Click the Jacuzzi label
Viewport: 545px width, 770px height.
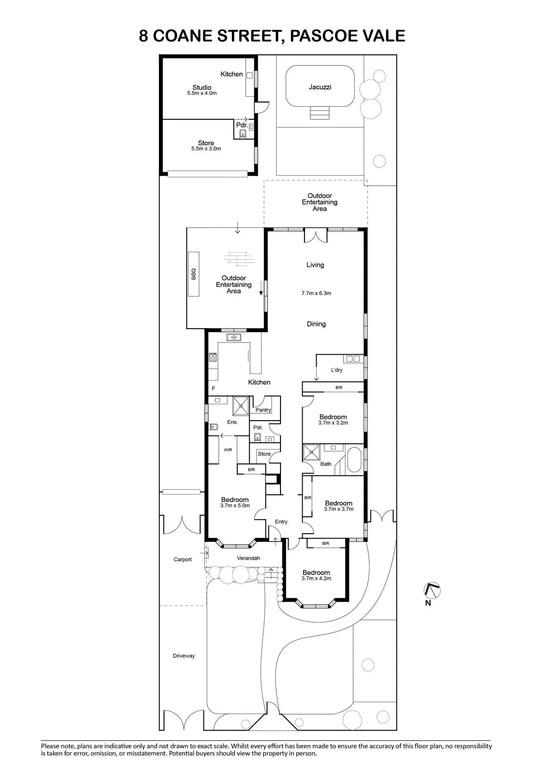(x=320, y=87)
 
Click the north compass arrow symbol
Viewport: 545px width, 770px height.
(x=432, y=590)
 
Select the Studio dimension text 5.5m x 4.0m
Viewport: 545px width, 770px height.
(x=202, y=93)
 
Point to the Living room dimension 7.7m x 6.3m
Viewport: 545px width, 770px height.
(x=316, y=293)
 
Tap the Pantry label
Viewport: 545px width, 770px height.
(x=263, y=410)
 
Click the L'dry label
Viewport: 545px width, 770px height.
(x=336, y=370)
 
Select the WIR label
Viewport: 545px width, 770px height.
(x=228, y=449)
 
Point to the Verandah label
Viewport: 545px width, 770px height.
(x=248, y=558)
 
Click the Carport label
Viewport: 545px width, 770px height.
(x=183, y=559)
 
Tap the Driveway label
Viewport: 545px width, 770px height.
(x=184, y=656)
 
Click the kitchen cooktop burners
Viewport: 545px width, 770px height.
(x=213, y=358)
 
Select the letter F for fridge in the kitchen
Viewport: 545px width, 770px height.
(x=213, y=388)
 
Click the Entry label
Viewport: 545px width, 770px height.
(x=281, y=522)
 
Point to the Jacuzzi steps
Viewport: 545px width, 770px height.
(x=319, y=113)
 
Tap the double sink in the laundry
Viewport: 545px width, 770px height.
(x=353, y=359)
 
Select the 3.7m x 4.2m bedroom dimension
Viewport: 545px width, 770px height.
(x=317, y=578)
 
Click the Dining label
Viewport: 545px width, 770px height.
(x=317, y=324)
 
